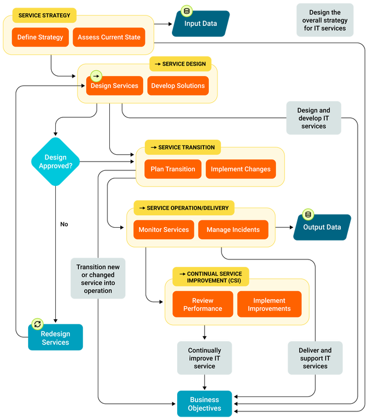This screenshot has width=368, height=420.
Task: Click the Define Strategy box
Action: point(40,37)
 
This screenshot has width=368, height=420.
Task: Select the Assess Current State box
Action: point(109,37)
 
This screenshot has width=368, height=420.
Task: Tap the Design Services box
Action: point(114,86)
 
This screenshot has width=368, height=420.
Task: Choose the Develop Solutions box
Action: point(178,86)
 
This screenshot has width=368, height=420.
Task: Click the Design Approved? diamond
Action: point(55,162)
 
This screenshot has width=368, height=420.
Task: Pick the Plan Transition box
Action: point(172,169)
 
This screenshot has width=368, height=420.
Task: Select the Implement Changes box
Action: point(240,169)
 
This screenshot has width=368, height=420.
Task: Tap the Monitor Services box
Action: point(163,230)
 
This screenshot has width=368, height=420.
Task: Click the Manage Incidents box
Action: point(233,230)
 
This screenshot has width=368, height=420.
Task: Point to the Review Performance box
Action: point(202,304)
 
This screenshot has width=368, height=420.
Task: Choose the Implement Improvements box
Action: point(269,304)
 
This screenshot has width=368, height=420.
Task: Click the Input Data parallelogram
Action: point(201,24)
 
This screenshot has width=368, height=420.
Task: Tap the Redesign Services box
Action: point(55,338)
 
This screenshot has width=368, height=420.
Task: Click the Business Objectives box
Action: point(204,404)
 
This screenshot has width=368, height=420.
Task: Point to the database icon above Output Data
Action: point(308,215)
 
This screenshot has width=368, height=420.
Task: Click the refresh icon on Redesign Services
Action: point(37,324)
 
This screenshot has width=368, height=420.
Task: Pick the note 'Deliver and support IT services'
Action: point(315,358)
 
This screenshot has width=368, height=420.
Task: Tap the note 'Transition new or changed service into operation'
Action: point(98,279)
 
